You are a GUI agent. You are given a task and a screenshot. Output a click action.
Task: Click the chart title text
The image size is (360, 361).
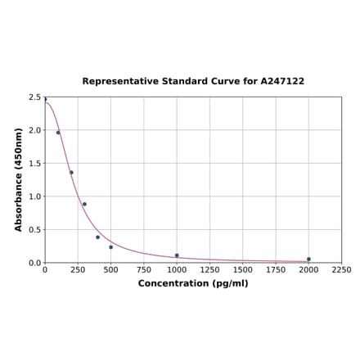tap(193, 82)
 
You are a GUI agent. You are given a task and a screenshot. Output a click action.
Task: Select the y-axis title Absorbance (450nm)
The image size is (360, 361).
tap(19, 179)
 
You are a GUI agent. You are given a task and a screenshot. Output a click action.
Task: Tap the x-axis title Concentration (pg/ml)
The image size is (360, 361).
tap(193, 283)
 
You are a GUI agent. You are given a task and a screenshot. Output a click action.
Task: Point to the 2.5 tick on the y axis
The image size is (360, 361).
tap(34, 97)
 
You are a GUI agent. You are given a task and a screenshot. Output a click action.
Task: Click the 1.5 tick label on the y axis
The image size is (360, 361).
tap(34, 164)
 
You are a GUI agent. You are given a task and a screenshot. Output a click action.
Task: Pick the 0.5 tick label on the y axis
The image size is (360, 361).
tap(34, 230)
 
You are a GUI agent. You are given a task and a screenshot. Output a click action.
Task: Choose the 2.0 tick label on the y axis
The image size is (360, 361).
tap(34, 130)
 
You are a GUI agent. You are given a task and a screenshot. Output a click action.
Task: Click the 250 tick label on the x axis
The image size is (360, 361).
tap(78, 270)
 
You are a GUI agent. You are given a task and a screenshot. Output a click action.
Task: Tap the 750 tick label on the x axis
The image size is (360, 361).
tap(144, 270)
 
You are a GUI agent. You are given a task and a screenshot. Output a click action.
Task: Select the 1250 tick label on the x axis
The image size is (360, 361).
tap(209, 270)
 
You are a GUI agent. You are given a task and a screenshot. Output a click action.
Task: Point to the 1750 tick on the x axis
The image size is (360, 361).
tap(276, 270)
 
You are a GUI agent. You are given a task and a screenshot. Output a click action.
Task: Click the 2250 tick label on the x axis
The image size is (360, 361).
tap(342, 270)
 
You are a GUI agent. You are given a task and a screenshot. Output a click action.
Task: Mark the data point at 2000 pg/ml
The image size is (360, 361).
tap(308, 259)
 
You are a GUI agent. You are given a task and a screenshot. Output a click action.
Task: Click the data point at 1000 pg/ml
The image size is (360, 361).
tap(177, 255)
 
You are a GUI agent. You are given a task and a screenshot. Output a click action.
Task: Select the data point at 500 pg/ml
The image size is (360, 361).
tap(110, 247)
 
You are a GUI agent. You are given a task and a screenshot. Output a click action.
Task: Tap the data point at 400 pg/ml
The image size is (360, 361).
tap(97, 237)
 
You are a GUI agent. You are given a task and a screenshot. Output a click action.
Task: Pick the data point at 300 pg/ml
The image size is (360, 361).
tap(84, 205)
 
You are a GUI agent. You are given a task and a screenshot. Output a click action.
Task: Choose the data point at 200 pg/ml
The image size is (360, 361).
tap(71, 173)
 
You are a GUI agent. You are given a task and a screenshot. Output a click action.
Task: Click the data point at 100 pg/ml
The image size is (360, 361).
tap(58, 133)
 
